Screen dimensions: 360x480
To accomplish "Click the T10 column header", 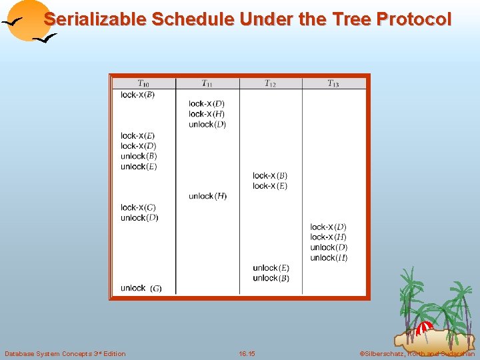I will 143,83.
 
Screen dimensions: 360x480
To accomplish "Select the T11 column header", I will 207,83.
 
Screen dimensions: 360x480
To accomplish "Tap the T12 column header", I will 270,83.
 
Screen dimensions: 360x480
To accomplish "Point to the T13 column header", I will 333,83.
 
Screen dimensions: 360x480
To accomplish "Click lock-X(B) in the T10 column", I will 137,95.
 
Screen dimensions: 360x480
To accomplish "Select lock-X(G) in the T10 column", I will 138,207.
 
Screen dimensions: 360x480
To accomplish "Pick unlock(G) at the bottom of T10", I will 141,288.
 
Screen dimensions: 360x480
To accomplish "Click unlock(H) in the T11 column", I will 207,196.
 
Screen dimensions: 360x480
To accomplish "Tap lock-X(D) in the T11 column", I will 206,103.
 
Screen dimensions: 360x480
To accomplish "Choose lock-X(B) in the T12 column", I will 270,176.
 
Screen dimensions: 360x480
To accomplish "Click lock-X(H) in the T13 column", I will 328,237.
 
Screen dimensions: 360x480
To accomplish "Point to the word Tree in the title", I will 347,19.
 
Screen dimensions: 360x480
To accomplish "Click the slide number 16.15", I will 247,353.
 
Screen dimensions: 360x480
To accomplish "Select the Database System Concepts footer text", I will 65,353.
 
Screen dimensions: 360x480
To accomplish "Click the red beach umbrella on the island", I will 425,327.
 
